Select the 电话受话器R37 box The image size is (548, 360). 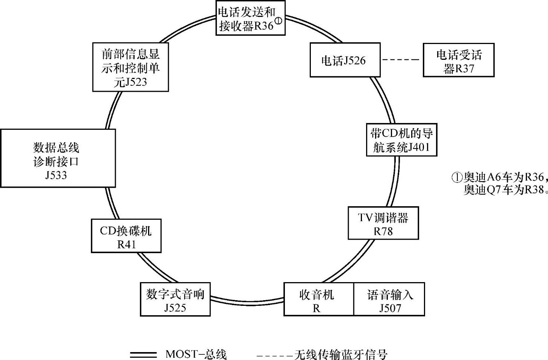459,60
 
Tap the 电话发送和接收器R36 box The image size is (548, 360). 250,18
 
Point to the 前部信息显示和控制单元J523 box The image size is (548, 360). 130,67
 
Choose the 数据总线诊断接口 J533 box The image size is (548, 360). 58,158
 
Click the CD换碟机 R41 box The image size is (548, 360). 126,236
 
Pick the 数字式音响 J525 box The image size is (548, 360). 175,299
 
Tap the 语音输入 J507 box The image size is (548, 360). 389,299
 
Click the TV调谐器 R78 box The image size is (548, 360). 383,223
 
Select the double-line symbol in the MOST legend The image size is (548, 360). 143,354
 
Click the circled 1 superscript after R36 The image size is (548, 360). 278,21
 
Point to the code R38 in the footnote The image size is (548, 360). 534,190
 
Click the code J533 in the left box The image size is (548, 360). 56,175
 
